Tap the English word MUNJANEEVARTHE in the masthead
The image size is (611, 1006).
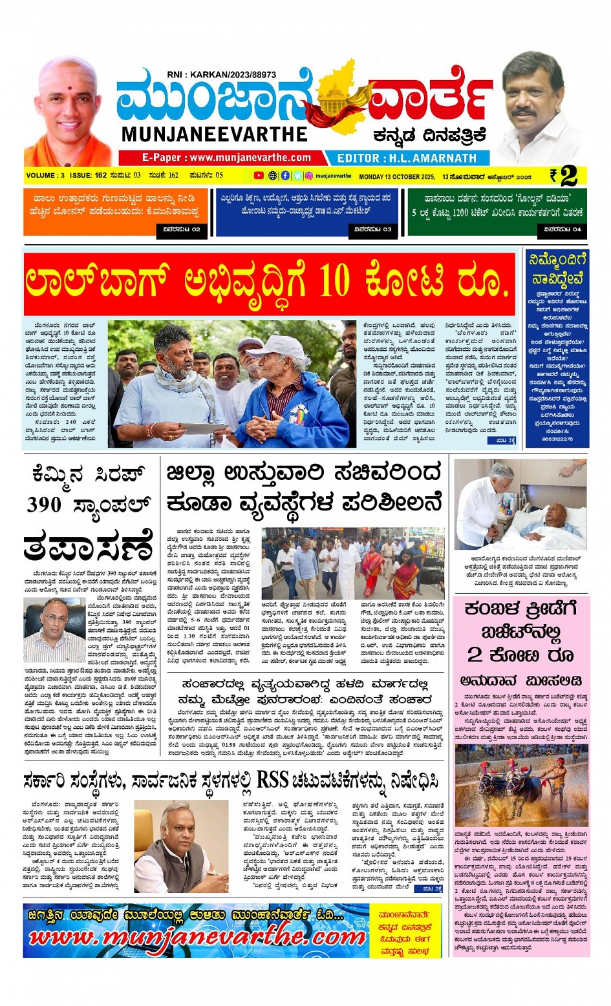pos(214,134)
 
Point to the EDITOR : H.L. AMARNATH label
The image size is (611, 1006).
pos(407,158)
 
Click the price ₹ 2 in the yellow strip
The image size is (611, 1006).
pos(564,176)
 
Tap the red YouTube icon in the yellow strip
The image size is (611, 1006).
pos(259,176)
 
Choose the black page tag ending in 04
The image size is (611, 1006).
pos(562,229)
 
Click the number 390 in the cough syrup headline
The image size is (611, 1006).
pos(45,505)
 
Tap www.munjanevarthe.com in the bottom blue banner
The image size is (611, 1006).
pos(197,937)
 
